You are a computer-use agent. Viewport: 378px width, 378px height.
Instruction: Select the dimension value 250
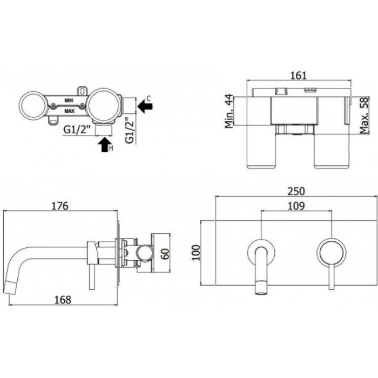pos(296,191)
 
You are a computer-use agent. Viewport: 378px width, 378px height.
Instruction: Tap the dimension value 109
pos(296,206)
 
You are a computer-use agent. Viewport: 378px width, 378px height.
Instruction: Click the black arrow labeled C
pos(145,106)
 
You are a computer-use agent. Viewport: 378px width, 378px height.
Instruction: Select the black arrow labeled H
pos(103,145)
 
